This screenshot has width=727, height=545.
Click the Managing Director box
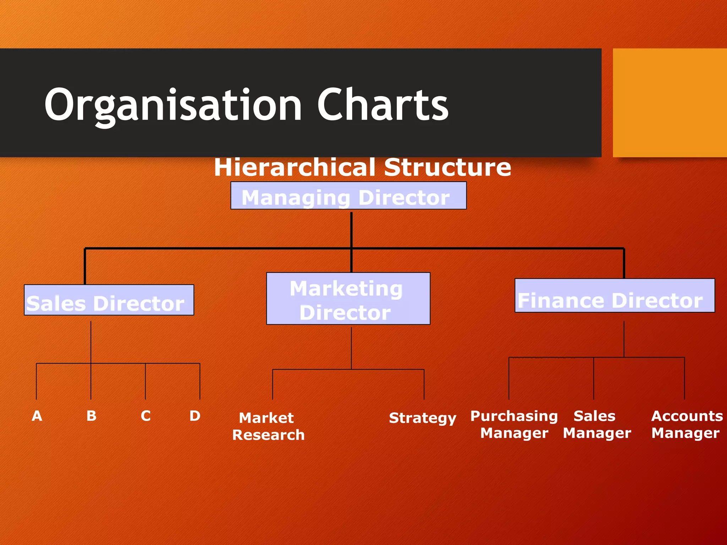[x=348, y=196]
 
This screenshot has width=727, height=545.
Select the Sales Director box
[x=109, y=300]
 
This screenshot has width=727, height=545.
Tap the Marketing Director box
[x=348, y=299]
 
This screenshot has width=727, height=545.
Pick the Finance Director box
[x=614, y=296]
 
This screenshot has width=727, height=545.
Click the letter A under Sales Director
[x=37, y=416]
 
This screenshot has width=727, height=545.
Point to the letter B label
[x=91, y=416]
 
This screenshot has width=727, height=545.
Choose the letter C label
[x=146, y=416]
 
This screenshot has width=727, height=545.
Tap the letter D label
[x=195, y=416]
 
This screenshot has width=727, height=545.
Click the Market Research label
[x=268, y=426]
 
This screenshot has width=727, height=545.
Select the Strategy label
[x=422, y=418]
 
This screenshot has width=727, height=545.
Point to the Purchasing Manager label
[x=514, y=424]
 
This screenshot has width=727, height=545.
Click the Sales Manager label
[x=596, y=424]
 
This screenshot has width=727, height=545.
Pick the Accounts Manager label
[x=687, y=424]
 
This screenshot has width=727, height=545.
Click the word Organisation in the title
[x=173, y=105]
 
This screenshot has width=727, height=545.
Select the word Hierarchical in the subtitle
[x=295, y=167]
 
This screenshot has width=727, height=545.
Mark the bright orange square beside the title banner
[x=669, y=103]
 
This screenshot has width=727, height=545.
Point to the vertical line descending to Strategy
[x=424, y=385]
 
